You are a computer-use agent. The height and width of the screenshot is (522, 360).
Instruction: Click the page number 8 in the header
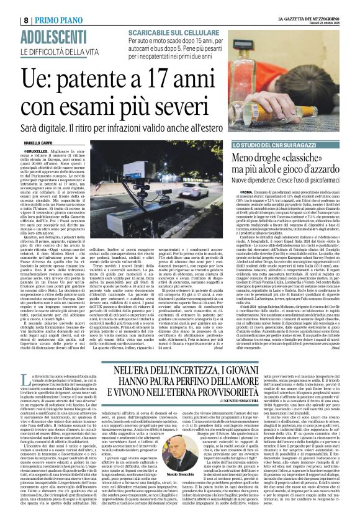pyautogui.click(x=11, y=5)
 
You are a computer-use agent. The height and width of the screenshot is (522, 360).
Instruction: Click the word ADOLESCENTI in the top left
pyautogui.click(x=38, y=19)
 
